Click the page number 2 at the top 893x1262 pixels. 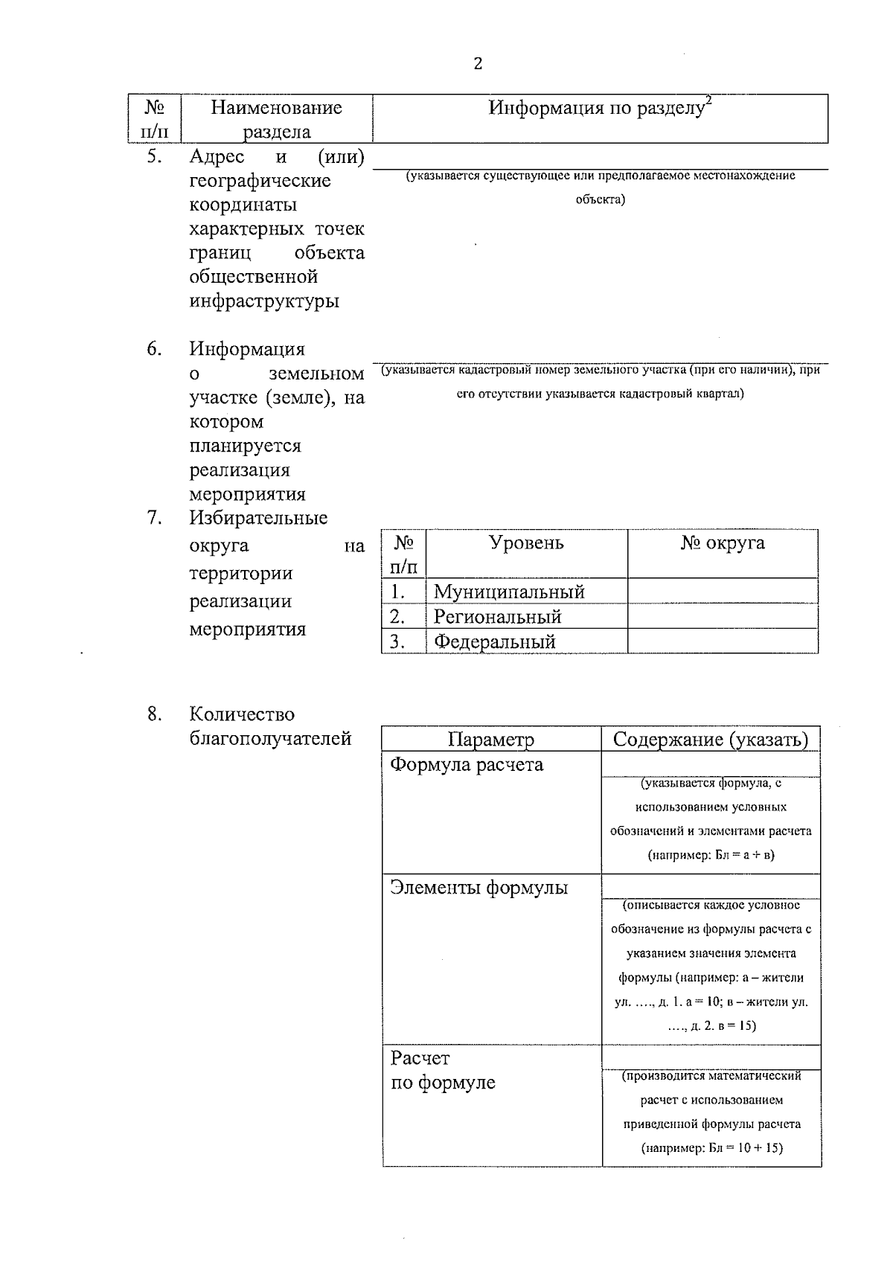[478, 64]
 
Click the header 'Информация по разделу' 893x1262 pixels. [595, 109]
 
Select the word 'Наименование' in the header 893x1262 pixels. [276, 108]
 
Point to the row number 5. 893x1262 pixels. [154, 157]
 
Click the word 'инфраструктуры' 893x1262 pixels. [264, 301]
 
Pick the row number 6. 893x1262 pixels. [154, 349]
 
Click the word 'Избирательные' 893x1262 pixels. [258, 518]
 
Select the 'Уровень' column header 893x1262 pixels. [526, 543]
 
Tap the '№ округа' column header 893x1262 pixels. [722, 543]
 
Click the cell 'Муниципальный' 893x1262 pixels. [509, 592]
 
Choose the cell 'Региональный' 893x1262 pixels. [497, 617]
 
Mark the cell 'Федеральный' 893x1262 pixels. [495, 641]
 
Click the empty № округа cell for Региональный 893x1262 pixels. [722, 616]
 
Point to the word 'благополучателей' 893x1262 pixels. [270, 739]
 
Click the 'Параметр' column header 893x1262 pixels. [491, 740]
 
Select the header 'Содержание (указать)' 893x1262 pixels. [710, 740]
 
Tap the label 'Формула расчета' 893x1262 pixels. [467, 765]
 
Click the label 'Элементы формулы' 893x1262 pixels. [479, 888]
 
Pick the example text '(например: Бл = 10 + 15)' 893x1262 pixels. [711, 1148]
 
